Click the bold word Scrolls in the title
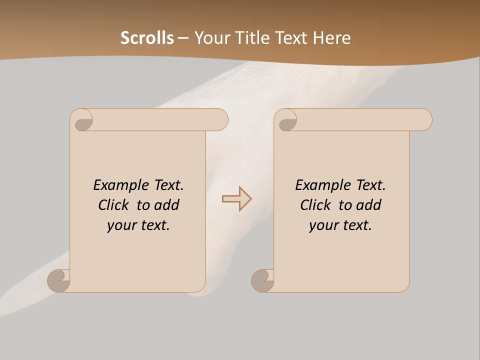coord(147,38)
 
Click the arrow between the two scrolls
coord(237,198)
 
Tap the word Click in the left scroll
coord(114,205)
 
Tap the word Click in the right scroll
coord(316,205)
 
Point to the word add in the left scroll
coord(167,205)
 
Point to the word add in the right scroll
coord(369,205)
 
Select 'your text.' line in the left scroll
coord(138,225)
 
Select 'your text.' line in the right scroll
coord(340,225)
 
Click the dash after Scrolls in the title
coord(183,38)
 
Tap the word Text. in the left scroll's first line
coord(168,185)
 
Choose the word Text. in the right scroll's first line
coord(370,185)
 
